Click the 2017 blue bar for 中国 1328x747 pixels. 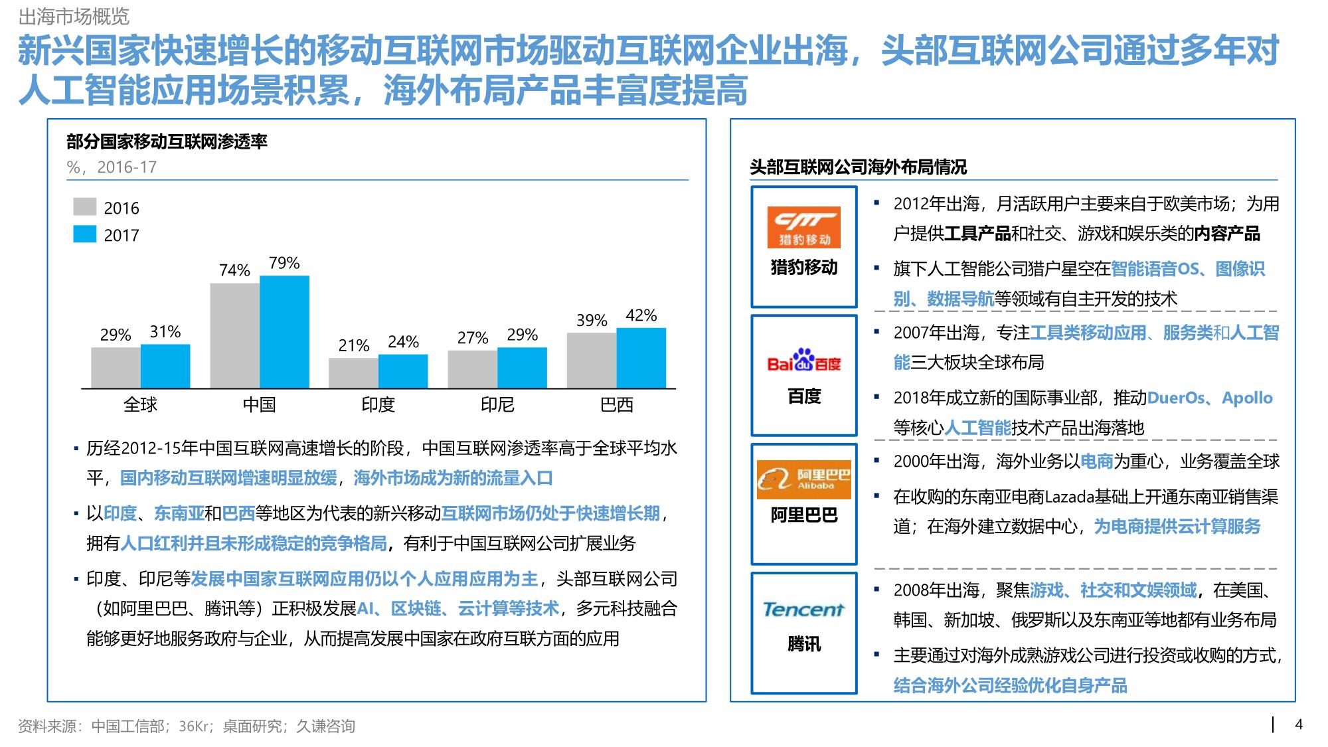click(284, 332)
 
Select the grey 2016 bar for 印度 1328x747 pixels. click(353, 373)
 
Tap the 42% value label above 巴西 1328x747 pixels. click(641, 315)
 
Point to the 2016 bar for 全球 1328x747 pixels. click(116, 367)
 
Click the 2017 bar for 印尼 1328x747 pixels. click(522, 367)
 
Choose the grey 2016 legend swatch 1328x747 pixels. click(84, 207)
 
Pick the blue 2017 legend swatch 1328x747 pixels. click(84, 234)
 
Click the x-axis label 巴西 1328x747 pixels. click(616, 404)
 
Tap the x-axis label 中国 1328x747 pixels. click(259, 404)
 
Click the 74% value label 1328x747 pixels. click(234, 270)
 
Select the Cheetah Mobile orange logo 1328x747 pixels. click(803, 227)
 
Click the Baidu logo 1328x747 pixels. click(803, 361)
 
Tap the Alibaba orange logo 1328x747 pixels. click(803, 479)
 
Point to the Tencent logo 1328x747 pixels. click(803, 609)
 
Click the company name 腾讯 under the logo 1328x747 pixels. click(803, 643)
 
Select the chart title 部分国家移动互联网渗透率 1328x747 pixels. click(167, 141)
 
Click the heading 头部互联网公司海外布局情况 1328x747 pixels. click(858, 167)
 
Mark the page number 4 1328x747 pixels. click(1299, 724)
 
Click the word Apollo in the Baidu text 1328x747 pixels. click(1247, 398)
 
